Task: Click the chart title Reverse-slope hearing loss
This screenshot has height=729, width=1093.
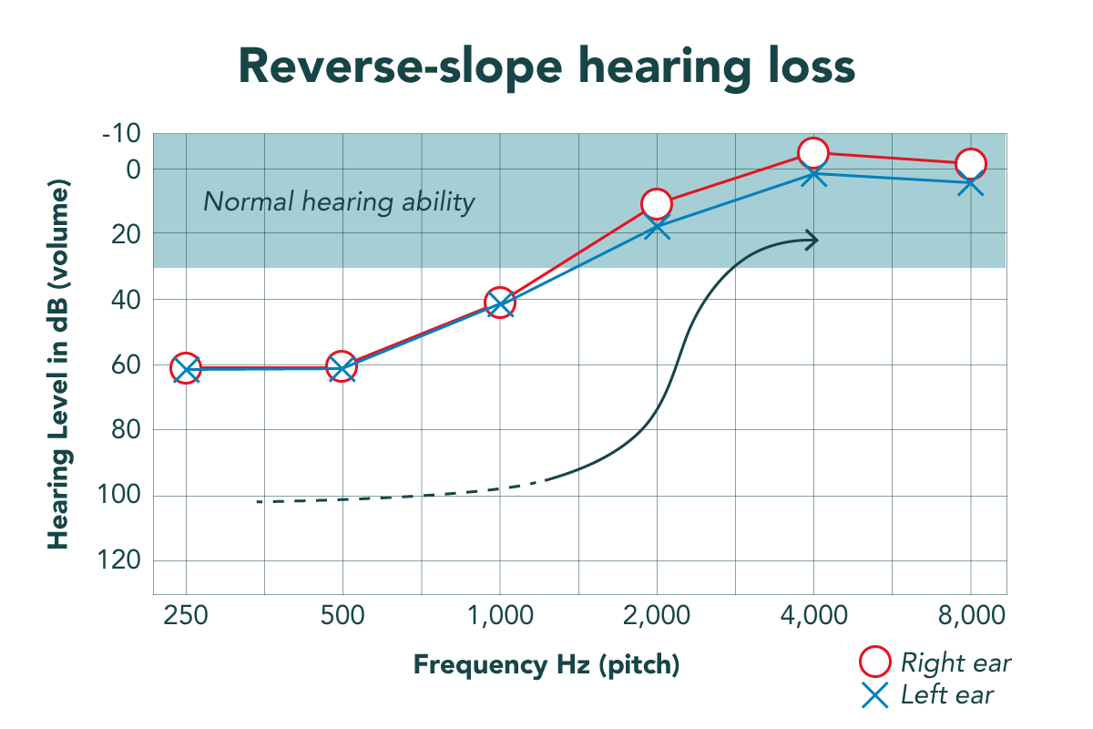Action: [546, 67]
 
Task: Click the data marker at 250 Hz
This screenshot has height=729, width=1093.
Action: [186, 368]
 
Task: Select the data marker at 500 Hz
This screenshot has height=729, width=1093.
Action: [342, 367]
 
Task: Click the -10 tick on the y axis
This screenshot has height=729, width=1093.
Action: [120, 135]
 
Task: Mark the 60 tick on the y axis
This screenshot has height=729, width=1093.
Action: [127, 364]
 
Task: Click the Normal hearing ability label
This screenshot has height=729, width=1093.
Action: [339, 201]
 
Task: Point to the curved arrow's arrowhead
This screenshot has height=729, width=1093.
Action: [812, 240]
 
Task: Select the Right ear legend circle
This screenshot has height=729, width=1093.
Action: [874, 662]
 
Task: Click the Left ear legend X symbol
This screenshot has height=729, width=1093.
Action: [874, 696]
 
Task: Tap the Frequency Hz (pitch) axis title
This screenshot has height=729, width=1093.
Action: [547, 664]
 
